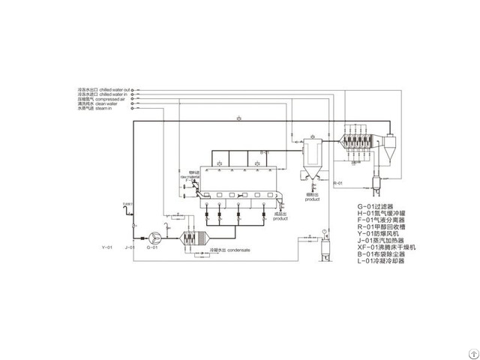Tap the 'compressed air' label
[x=103, y=99]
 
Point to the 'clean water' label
[x=101, y=104]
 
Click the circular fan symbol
[x=154, y=235]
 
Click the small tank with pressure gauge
[x=327, y=248]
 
